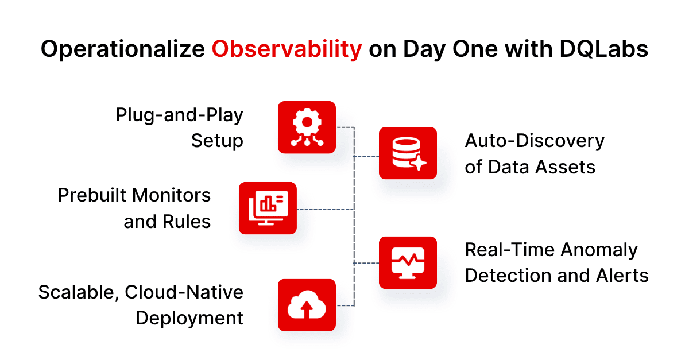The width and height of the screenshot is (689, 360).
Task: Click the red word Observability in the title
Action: click(x=287, y=49)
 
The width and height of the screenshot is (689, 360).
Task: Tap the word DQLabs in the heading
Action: click(x=603, y=49)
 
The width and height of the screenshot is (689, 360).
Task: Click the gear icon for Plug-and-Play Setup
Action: click(x=307, y=127)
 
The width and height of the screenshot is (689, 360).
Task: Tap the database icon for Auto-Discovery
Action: click(x=408, y=153)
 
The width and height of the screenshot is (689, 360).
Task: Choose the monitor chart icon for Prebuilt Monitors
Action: click(x=268, y=208)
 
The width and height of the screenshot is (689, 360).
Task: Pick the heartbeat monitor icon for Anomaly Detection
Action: click(x=408, y=262)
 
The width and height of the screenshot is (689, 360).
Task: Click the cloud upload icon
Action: click(x=307, y=305)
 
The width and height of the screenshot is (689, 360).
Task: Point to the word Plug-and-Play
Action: click(x=179, y=115)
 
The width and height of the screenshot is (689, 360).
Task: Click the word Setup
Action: click(x=217, y=141)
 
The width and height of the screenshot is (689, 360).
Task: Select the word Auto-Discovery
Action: click(x=535, y=141)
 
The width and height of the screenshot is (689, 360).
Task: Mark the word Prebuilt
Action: click(x=93, y=195)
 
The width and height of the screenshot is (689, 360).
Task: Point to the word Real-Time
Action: click(x=509, y=250)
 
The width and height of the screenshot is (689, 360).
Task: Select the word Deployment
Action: click(x=189, y=318)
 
